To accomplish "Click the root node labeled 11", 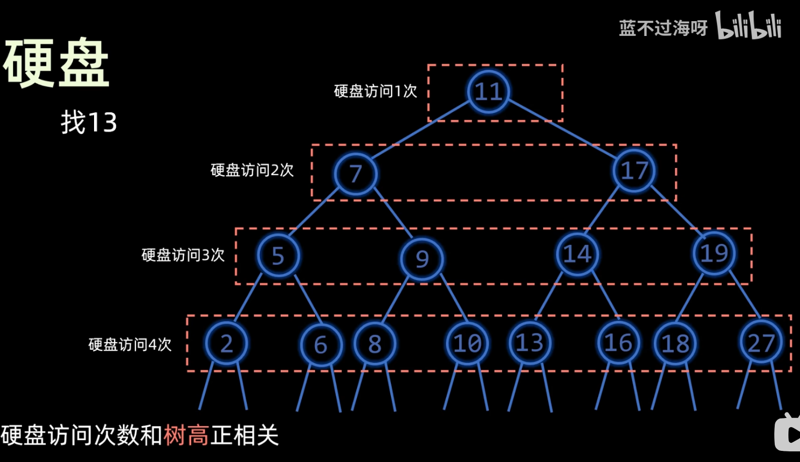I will click(x=488, y=92).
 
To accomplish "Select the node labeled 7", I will click(x=355, y=174).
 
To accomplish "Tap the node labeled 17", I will click(x=634, y=171).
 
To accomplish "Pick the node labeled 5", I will click(x=278, y=256).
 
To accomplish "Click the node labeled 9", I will click(x=422, y=259).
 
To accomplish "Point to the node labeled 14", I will click(x=577, y=254).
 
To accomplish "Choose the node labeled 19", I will click(x=714, y=253).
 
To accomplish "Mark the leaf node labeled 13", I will click(x=529, y=343).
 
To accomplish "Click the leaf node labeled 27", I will click(x=761, y=343).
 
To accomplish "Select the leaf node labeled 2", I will click(x=227, y=344).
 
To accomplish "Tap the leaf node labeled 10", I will click(x=467, y=344).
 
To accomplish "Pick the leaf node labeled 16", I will click(x=618, y=343).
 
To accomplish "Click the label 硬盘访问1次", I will click(x=375, y=91).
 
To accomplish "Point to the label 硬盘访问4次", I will click(x=130, y=345).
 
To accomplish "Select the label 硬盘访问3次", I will click(x=183, y=255).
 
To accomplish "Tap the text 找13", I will click(x=89, y=122).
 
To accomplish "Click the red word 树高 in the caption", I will click(x=186, y=435).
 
